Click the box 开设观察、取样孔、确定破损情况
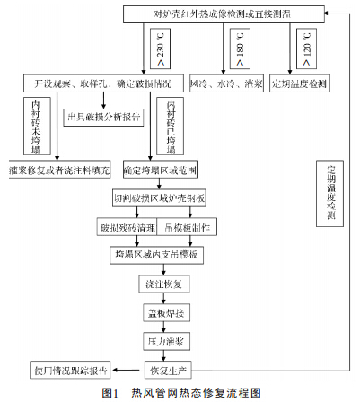[x=103, y=83]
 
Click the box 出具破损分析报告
[x=103, y=116]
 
